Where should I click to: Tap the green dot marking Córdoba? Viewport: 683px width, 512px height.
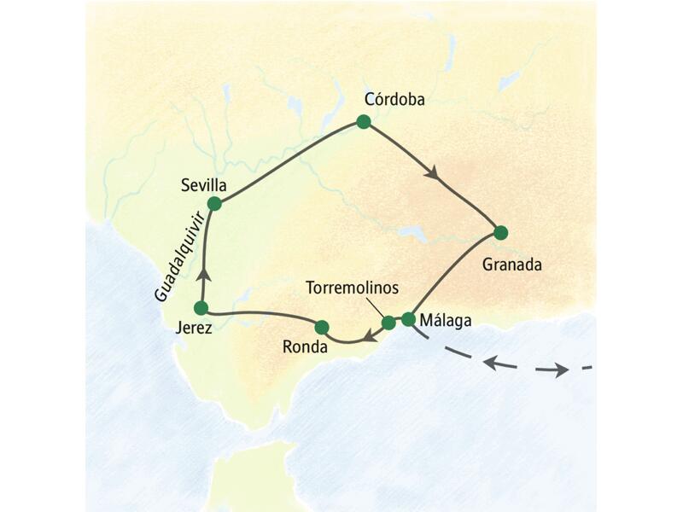[364, 122]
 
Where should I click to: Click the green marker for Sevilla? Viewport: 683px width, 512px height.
[214, 203]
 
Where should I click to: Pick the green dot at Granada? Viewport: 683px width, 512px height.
[500, 232]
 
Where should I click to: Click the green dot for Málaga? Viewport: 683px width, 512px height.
[408, 319]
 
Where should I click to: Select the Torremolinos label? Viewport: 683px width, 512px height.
[351, 288]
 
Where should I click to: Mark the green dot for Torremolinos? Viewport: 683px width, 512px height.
[388, 323]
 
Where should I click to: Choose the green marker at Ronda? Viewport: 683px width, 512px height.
[322, 327]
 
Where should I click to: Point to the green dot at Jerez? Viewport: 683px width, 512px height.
[201, 308]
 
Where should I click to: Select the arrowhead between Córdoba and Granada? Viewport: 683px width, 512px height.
[435, 175]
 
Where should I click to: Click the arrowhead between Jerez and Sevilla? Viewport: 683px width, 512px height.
[204, 272]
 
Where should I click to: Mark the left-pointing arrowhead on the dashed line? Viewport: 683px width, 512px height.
[490, 364]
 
